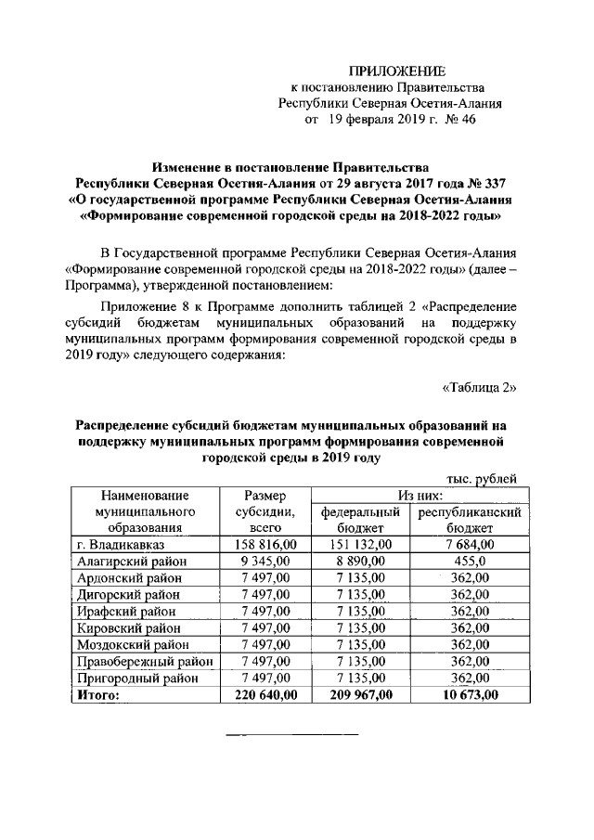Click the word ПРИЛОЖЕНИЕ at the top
pyautogui.click(x=396, y=71)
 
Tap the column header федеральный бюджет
pyautogui.click(x=360, y=520)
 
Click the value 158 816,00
pyautogui.click(x=265, y=544)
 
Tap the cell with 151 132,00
pyautogui.click(x=360, y=544)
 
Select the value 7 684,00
pyautogui.click(x=470, y=544)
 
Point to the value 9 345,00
pyautogui.click(x=265, y=561)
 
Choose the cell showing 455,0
pyautogui.click(x=470, y=561)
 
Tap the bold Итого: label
pyautogui.click(x=97, y=694)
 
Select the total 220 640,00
pyautogui.click(x=265, y=694)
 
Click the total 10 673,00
pyautogui.click(x=470, y=694)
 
